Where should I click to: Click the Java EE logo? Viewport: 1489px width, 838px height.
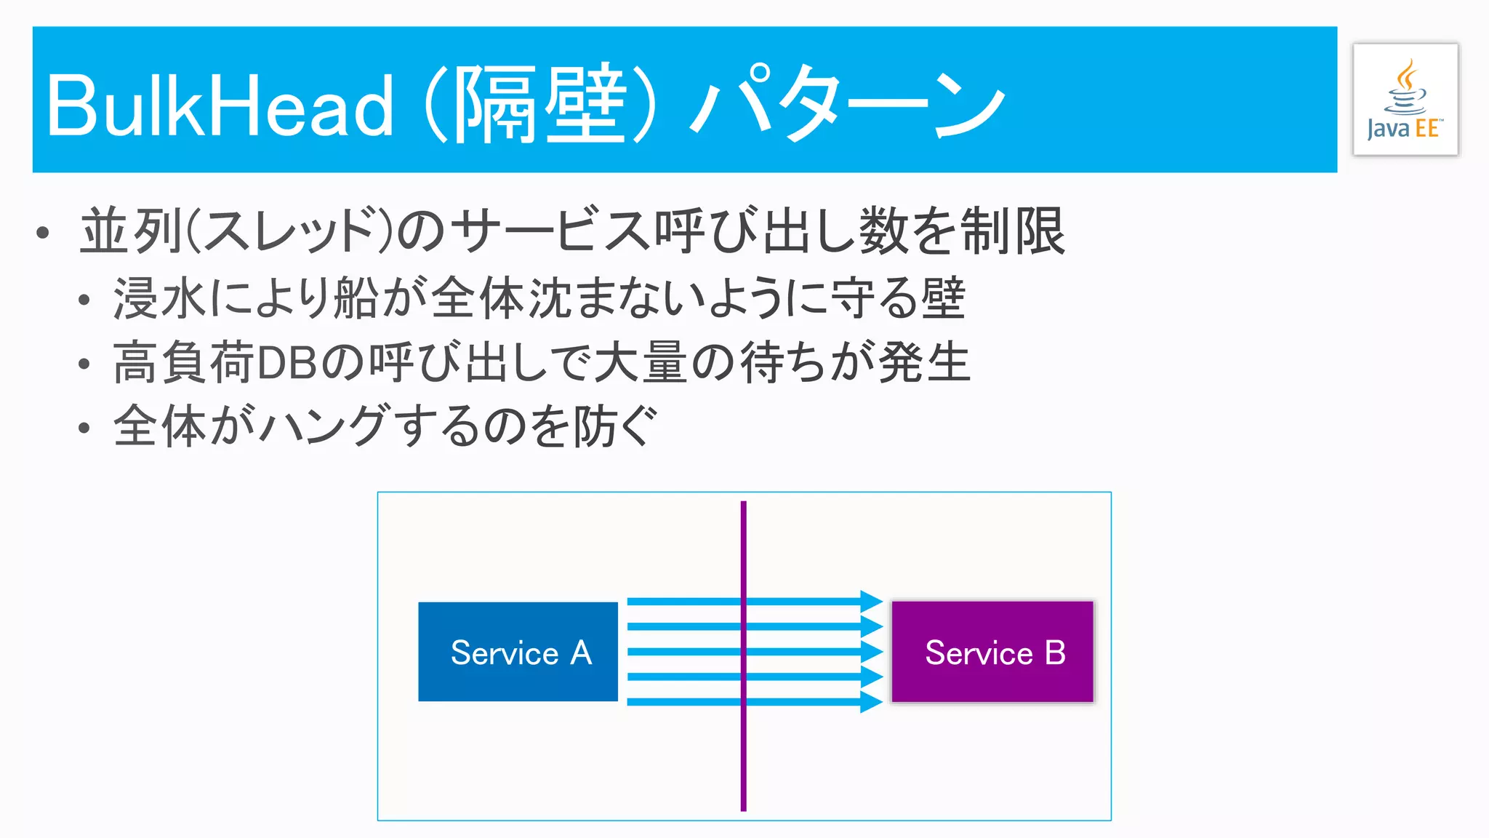(1405, 100)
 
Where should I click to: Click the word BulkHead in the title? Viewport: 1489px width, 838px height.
(220, 106)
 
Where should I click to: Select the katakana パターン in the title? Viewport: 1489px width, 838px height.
(848, 106)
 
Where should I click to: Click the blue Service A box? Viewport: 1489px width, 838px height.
(518, 652)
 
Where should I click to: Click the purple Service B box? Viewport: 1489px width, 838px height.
(992, 652)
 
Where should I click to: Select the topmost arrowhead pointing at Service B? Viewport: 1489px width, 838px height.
(871, 602)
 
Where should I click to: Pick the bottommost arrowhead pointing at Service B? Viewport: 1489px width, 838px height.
(871, 702)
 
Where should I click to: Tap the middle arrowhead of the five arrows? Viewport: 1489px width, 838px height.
(871, 652)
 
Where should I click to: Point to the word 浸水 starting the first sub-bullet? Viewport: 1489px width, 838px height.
(161, 299)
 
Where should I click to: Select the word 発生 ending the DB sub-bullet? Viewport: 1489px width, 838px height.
(924, 363)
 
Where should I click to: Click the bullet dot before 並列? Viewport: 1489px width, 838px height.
(43, 234)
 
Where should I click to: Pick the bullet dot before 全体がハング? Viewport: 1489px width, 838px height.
(84, 428)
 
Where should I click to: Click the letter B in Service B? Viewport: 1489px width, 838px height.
(1055, 653)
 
